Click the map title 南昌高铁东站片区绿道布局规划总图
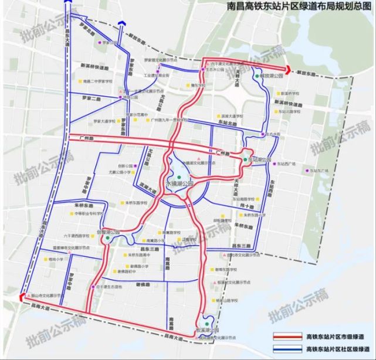coord(300,8)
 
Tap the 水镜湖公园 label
coord(179,184)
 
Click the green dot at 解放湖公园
coord(256,76)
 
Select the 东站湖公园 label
coord(259,159)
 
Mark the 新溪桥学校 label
coord(291,94)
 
